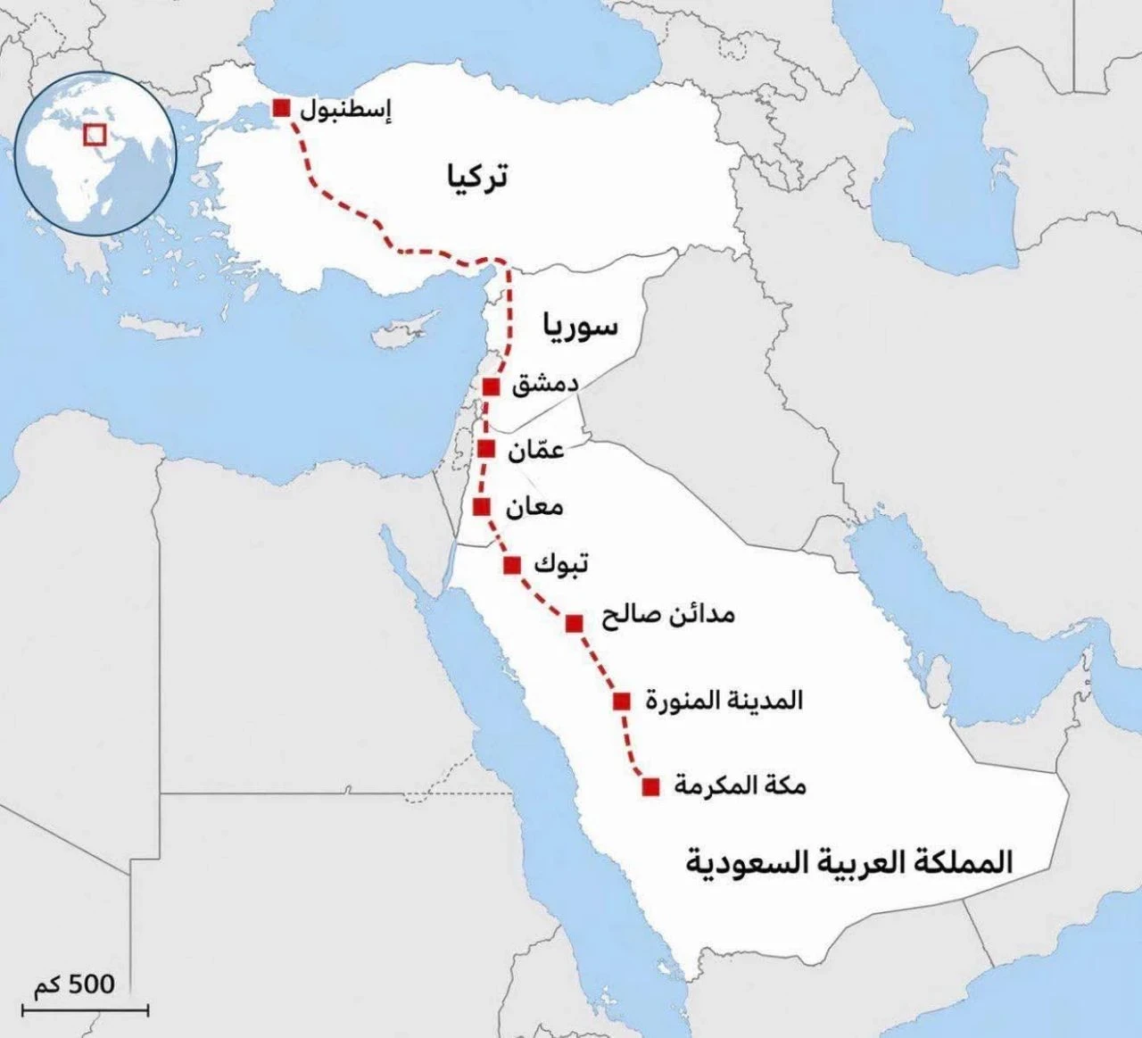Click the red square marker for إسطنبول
pyautogui.click(x=281, y=108)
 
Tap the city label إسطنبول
pyautogui.click(x=345, y=111)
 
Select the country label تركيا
pyautogui.click(x=476, y=177)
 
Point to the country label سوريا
pyautogui.click(x=577, y=326)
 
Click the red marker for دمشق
pyautogui.click(x=490, y=386)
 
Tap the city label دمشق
pyautogui.click(x=544, y=386)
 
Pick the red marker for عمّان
pyautogui.click(x=486, y=448)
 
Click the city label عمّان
pyautogui.click(x=536, y=450)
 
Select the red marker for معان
pyautogui.click(x=481, y=507)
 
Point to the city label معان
pyautogui.click(x=534, y=508)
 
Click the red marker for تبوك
pyautogui.click(x=512, y=565)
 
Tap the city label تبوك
pyautogui.click(x=560, y=565)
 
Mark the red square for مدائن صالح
pyautogui.click(x=575, y=623)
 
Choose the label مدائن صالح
pyautogui.click(x=667, y=615)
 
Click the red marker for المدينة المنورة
pyautogui.click(x=622, y=701)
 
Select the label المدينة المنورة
pyautogui.click(x=724, y=701)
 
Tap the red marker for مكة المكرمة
pyautogui.click(x=651, y=786)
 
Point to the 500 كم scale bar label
pyautogui.click(x=75, y=985)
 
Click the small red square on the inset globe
pyautogui.click(x=95, y=135)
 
